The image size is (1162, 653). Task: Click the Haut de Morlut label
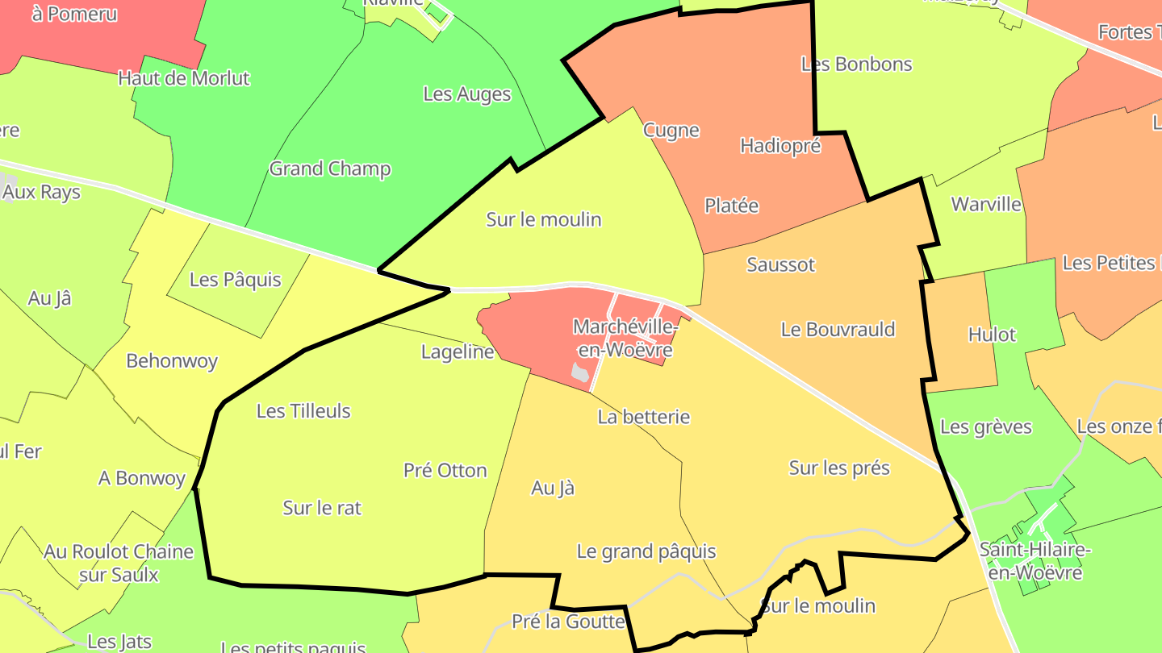tap(184, 78)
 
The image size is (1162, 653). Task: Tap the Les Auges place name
tap(467, 94)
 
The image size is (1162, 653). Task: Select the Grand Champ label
tap(330, 168)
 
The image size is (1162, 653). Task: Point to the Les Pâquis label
tap(236, 280)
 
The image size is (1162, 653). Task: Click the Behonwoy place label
tap(172, 360)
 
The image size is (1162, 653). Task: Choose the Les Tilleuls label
tap(303, 410)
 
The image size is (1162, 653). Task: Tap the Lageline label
tap(458, 351)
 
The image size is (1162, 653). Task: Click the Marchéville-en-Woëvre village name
tap(625, 339)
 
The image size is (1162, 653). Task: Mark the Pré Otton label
tap(445, 471)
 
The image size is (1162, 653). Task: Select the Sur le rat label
tap(322, 508)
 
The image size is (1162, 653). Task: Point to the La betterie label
tap(644, 417)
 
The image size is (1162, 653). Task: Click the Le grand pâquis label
tap(646, 551)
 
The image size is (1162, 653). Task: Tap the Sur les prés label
tap(839, 468)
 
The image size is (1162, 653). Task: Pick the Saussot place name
tap(781, 264)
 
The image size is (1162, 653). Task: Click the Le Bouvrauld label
tap(838, 329)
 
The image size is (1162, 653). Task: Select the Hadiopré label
tap(780, 146)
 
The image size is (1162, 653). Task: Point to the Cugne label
tap(671, 130)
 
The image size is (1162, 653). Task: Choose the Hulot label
tap(992, 335)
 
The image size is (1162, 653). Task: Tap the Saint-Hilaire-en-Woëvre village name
tap(1035, 561)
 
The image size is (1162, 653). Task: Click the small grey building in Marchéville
tap(580, 372)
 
